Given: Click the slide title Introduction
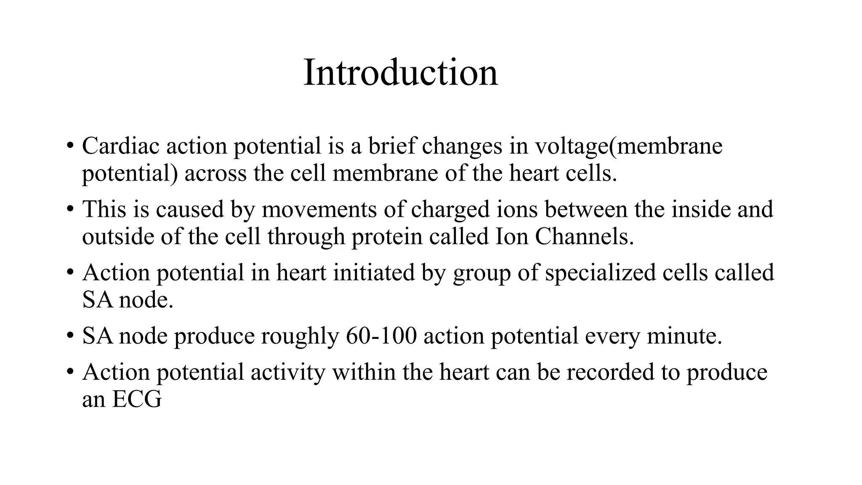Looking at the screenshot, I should (400, 73).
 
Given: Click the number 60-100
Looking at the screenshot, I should (381, 336).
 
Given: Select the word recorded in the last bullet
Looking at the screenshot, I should (610, 372).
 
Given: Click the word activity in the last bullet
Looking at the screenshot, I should (288, 372).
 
